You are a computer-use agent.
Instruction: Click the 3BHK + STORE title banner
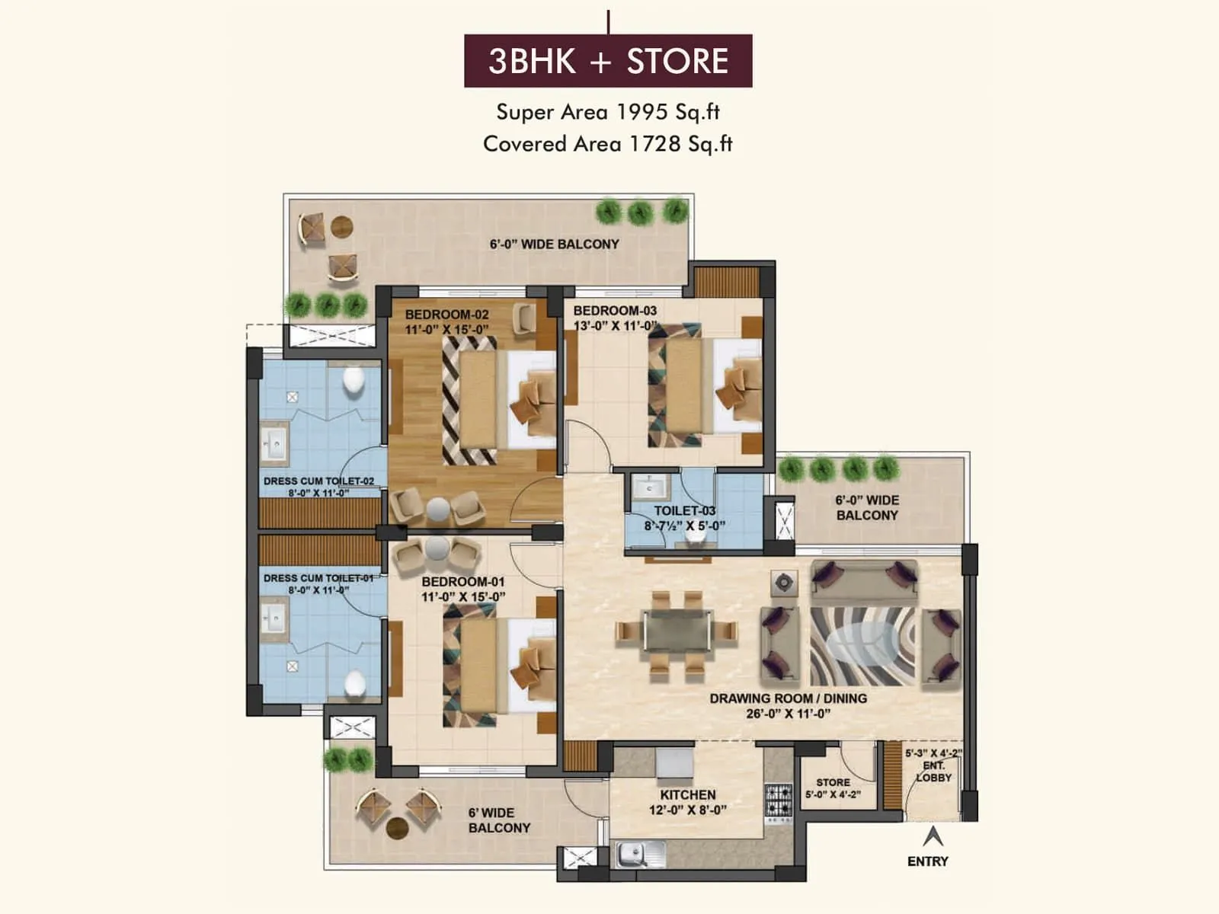click(x=608, y=61)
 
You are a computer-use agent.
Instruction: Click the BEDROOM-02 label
click(x=446, y=315)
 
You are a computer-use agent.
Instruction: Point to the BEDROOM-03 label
click(x=615, y=311)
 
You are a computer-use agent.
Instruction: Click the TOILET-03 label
click(x=684, y=511)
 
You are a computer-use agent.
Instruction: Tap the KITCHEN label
click(x=687, y=794)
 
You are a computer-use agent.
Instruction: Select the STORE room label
click(x=833, y=782)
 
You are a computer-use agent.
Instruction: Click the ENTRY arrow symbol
click(x=933, y=836)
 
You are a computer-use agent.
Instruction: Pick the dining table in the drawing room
click(x=676, y=631)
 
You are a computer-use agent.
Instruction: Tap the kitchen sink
click(x=632, y=855)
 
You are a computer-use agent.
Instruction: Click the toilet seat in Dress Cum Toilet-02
click(x=354, y=381)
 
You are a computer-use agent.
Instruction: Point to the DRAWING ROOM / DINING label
click(x=788, y=698)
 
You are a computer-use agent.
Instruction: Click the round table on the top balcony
click(x=342, y=227)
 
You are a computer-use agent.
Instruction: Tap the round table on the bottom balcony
click(x=397, y=828)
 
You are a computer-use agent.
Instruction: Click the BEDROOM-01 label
click(x=462, y=582)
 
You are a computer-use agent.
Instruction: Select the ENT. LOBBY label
click(x=933, y=772)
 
